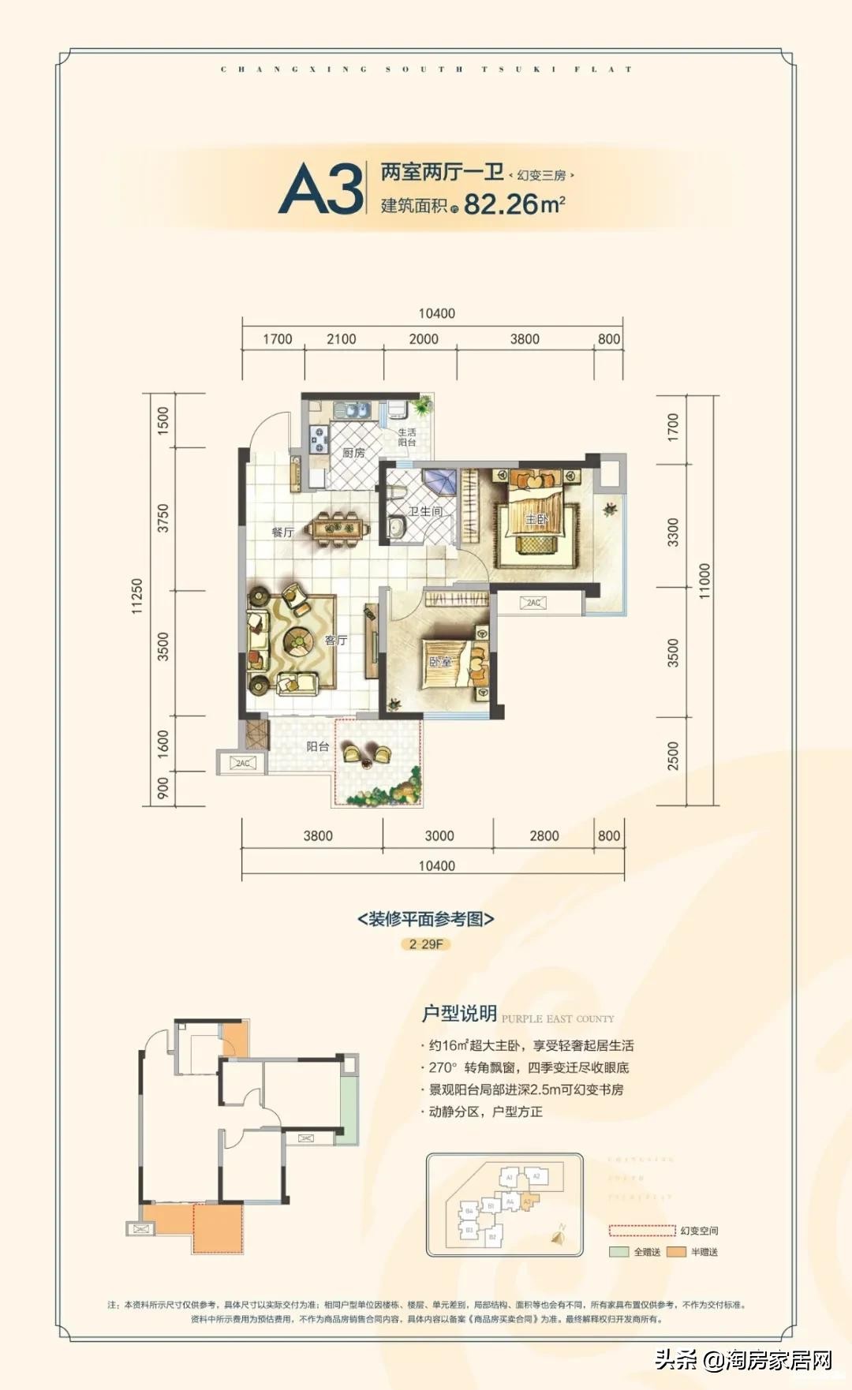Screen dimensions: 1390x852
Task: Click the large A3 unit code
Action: coord(321,189)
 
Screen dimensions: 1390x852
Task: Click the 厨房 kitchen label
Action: coord(353,453)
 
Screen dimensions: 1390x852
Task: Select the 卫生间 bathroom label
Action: coord(425,511)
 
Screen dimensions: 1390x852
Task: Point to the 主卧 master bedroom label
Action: coord(536,518)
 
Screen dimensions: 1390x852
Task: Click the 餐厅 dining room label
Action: coord(282,532)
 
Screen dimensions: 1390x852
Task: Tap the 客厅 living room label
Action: coord(336,640)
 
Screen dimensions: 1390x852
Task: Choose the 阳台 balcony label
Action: coord(318,745)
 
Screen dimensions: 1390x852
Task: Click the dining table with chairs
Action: coord(340,529)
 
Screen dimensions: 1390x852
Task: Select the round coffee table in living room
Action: coord(300,641)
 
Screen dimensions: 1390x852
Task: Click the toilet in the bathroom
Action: coord(396,527)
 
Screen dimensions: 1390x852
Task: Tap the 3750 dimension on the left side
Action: coord(163,518)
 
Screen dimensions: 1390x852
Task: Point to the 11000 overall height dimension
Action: coord(704,580)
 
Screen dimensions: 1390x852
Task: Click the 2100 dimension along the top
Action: coord(341,338)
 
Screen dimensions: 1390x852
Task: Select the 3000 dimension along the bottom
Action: coord(439,835)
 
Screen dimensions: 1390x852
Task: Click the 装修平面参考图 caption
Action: coord(425,919)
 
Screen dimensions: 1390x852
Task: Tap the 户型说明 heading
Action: coord(459,1014)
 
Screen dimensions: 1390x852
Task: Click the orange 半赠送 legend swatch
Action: coord(676,1252)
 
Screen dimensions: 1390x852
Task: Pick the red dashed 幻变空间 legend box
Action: coord(641,1231)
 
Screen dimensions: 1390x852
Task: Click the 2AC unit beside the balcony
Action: coord(242,763)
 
